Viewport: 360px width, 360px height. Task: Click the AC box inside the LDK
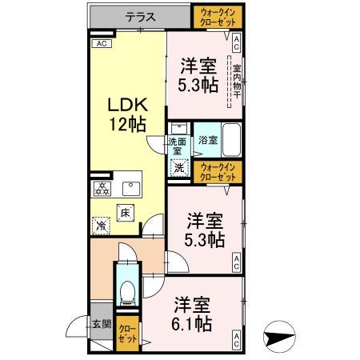coord(101,45)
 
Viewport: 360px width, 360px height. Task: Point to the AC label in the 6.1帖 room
coord(237,342)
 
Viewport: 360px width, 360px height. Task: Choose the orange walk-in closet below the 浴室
coord(218,171)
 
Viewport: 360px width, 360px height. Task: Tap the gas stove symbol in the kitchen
coord(102,190)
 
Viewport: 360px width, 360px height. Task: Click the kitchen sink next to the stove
coord(129,190)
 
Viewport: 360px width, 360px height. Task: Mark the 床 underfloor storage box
coord(125,212)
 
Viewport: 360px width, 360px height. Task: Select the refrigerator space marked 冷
coord(101,226)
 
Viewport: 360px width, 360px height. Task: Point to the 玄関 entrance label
coord(101,325)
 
